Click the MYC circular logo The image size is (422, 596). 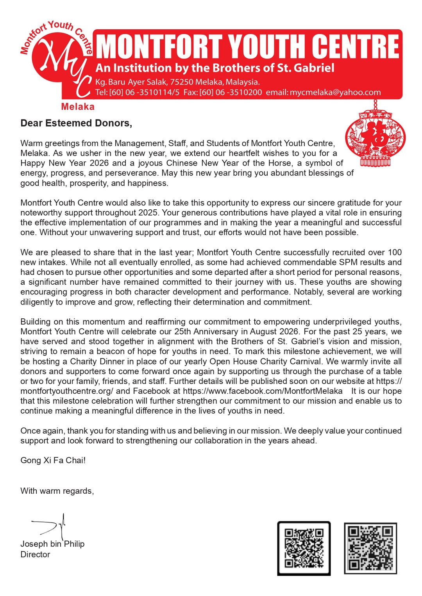59,62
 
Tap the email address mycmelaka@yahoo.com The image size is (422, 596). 335,93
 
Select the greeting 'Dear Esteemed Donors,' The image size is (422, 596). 76,123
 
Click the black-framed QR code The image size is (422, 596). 304,548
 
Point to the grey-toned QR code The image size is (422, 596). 370,548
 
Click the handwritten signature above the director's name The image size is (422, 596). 51,526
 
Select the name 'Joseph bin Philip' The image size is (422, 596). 52,544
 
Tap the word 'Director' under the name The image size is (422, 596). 35,555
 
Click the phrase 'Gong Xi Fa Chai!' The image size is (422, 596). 53,460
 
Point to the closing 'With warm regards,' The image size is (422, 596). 57,491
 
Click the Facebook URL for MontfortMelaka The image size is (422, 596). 263,391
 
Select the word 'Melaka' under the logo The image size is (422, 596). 78,107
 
